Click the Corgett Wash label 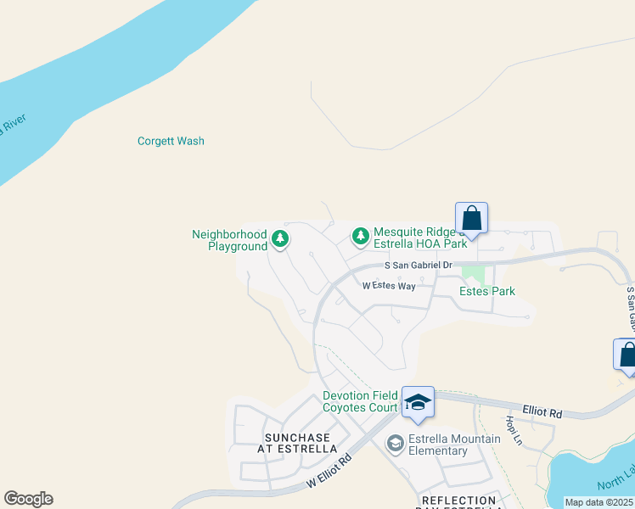(171, 141)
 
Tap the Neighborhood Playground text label (229, 240)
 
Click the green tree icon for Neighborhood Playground (280, 240)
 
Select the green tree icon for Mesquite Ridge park (361, 235)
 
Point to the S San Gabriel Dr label (418, 266)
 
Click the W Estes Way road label (389, 286)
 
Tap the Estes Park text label (486, 291)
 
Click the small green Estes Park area (473, 276)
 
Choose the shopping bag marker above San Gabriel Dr (472, 218)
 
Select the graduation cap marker (417, 402)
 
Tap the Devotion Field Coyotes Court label (360, 402)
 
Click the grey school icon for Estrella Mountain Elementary (394, 443)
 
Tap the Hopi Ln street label (512, 430)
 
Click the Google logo (28, 499)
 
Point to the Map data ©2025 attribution (598, 502)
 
